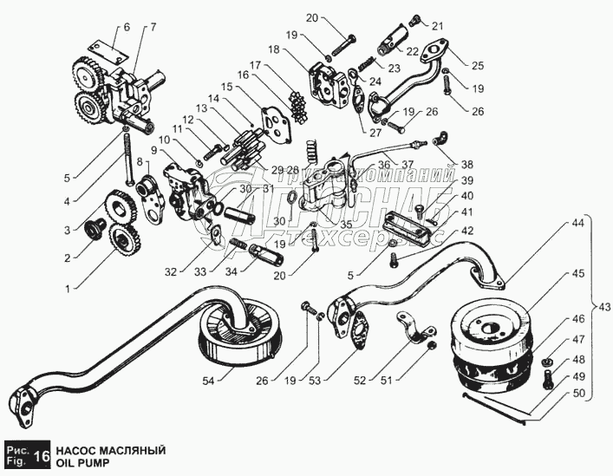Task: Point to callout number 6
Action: click(x=127, y=28)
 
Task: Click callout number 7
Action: click(x=153, y=28)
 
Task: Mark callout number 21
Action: click(x=438, y=25)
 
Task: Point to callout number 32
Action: click(x=172, y=271)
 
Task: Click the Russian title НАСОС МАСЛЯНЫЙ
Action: click(x=110, y=450)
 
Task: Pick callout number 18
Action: click(x=273, y=50)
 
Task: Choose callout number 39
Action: click(x=467, y=179)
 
